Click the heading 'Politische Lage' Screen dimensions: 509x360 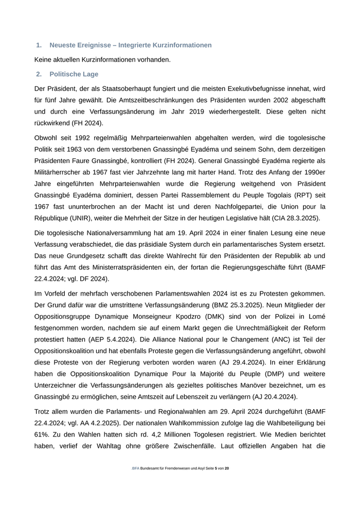click(74, 74)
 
